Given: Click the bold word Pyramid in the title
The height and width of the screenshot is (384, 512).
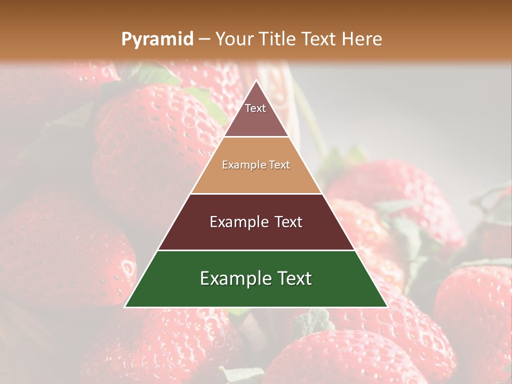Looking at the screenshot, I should pos(157,39).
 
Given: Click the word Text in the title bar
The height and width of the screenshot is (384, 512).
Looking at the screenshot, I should pos(319,39).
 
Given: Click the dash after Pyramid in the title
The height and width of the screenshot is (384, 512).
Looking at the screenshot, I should pos(204,39).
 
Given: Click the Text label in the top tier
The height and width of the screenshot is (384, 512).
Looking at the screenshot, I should pos(255,108).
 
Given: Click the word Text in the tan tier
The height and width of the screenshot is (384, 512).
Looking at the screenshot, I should pos(279,165).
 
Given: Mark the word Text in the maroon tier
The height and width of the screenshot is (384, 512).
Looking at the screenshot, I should pos(288,222).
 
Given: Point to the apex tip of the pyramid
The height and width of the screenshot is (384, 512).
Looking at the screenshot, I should pos(256,82).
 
